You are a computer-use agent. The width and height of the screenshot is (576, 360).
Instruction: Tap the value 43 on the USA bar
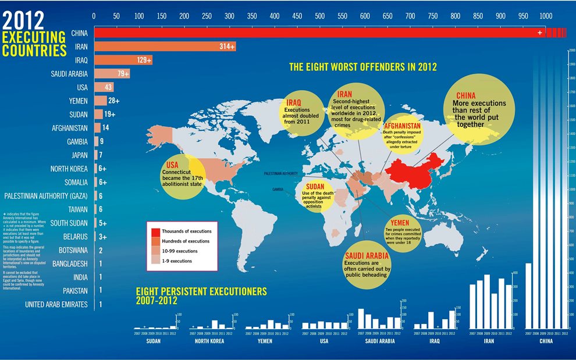pyautogui.click(x=108, y=87)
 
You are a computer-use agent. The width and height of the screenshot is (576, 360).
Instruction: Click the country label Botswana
pyautogui.click(x=73, y=250)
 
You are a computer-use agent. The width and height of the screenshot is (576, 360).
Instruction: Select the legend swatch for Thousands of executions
pyautogui.click(x=156, y=231)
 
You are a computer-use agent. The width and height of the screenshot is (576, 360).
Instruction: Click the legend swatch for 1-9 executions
pyautogui.click(x=156, y=261)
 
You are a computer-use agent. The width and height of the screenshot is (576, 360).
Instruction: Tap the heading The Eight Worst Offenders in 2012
pyautogui.click(x=363, y=67)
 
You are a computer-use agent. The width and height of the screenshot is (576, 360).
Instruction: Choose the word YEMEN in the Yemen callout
pyautogui.click(x=400, y=223)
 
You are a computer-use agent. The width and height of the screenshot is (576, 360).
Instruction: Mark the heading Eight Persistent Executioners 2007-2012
pyautogui.click(x=201, y=295)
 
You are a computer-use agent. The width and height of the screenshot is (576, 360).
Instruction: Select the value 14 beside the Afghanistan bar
pyautogui.click(x=105, y=128)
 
